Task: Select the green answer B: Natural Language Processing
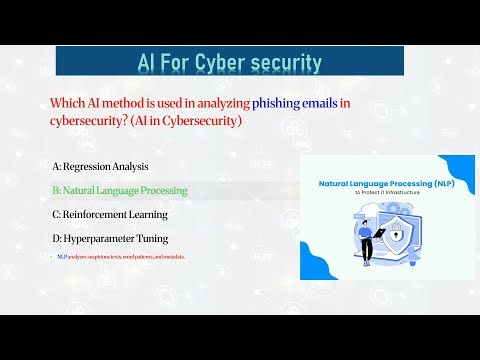pyautogui.click(x=119, y=189)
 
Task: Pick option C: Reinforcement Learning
pyautogui.click(x=110, y=214)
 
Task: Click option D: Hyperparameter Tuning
pyautogui.click(x=110, y=239)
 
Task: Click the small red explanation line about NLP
pyautogui.click(x=121, y=257)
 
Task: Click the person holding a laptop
pyautogui.click(x=365, y=240)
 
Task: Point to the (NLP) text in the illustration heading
pyautogui.click(x=447, y=184)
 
